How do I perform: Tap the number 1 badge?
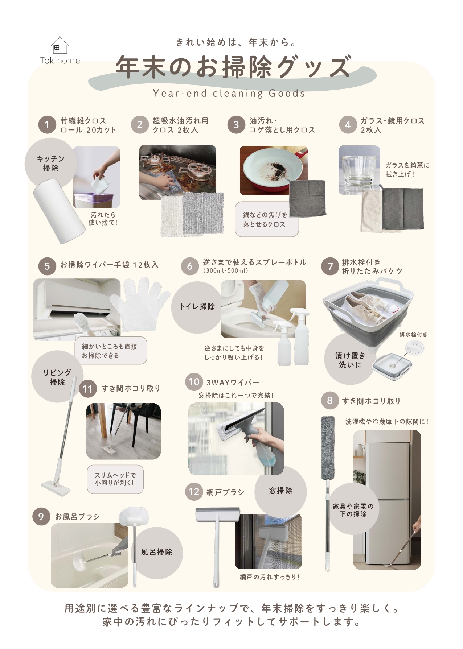click(47, 125)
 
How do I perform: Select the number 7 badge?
click(330, 266)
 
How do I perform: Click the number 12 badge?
click(194, 492)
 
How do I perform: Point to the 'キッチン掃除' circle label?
click(51, 164)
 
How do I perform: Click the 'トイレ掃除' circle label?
click(197, 307)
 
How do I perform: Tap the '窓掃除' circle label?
click(280, 491)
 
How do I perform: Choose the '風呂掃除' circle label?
click(157, 552)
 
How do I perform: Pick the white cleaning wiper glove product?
click(141, 305)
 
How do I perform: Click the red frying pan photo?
click(274, 170)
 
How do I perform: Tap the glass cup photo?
click(359, 170)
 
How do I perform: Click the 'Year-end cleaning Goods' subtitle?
click(229, 94)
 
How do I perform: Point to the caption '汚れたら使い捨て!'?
click(103, 219)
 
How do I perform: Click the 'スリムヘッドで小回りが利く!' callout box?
click(115, 479)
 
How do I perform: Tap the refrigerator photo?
click(387, 500)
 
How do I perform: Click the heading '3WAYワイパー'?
click(233, 383)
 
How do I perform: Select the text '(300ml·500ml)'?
click(226, 271)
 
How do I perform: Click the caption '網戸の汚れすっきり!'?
click(270, 577)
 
